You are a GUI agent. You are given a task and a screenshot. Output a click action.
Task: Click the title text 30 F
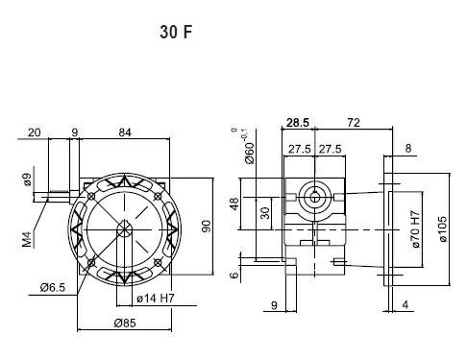click(x=176, y=32)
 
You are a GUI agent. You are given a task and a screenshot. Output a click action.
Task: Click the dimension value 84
click(x=125, y=132)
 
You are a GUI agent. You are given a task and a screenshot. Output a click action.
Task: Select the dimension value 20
click(x=35, y=132)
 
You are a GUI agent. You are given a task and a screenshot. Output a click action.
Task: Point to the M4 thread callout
click(x=28, y=239)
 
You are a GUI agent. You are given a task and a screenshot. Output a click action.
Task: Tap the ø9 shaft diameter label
click(x=27, y=180)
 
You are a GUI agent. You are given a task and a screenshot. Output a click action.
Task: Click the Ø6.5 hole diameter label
click(x=53, y=287)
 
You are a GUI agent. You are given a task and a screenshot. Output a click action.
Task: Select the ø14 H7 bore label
click(x=156, y=299)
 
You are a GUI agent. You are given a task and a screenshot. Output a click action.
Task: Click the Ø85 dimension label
click(x=125, y=323)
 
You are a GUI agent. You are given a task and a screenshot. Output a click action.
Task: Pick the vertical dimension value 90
click(x=207, y=227)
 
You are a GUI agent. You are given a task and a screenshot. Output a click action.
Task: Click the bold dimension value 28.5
click(x=298, y=122)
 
